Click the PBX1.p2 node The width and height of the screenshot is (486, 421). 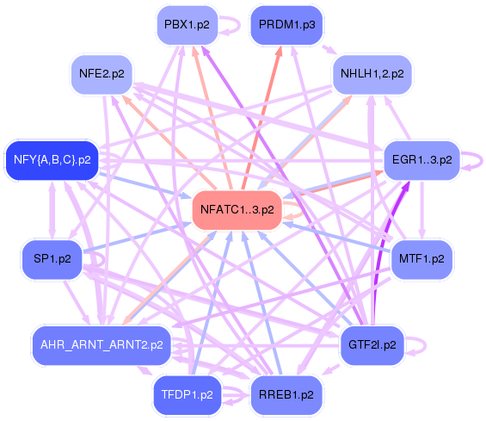pos(187,25)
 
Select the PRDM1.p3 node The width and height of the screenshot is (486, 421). pos(286,25)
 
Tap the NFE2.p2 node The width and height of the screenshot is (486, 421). pos(102,74)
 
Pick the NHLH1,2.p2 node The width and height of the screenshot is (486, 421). pos(372,74)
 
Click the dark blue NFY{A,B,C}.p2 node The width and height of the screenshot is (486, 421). pos(52,160)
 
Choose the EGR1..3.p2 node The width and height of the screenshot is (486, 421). pos(421,160)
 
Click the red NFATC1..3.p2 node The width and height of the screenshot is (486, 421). pos(237,210)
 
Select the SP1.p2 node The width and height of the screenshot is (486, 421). pos(52,259)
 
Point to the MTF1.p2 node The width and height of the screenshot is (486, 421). pos(421,259)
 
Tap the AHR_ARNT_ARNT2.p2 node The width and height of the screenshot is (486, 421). pos(102,345)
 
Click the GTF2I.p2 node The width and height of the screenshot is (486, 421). pos(372,345)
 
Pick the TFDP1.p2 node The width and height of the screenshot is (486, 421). pos(187,395)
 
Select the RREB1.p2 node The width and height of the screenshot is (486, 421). pos(286,395)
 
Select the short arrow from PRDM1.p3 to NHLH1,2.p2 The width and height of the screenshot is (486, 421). pos(329,50)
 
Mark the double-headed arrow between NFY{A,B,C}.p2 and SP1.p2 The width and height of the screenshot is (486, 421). pos(52,210)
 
